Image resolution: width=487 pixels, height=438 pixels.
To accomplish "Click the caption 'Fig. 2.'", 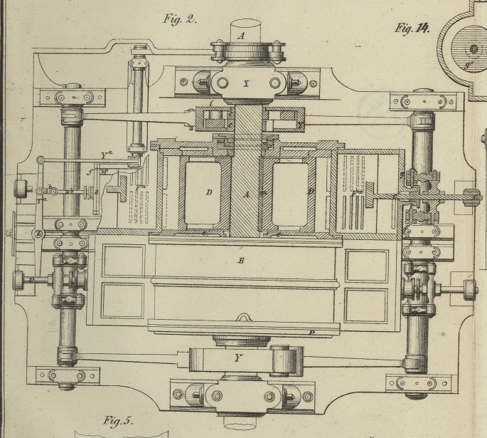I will click(179, 19).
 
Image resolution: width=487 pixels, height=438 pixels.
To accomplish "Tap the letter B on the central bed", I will click(241, 261).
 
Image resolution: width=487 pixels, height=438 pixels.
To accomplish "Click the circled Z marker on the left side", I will click(38, 234).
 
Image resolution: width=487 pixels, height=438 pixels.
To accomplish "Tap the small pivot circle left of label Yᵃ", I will click(41, 160).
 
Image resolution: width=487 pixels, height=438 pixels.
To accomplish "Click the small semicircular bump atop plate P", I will click(243, 318).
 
